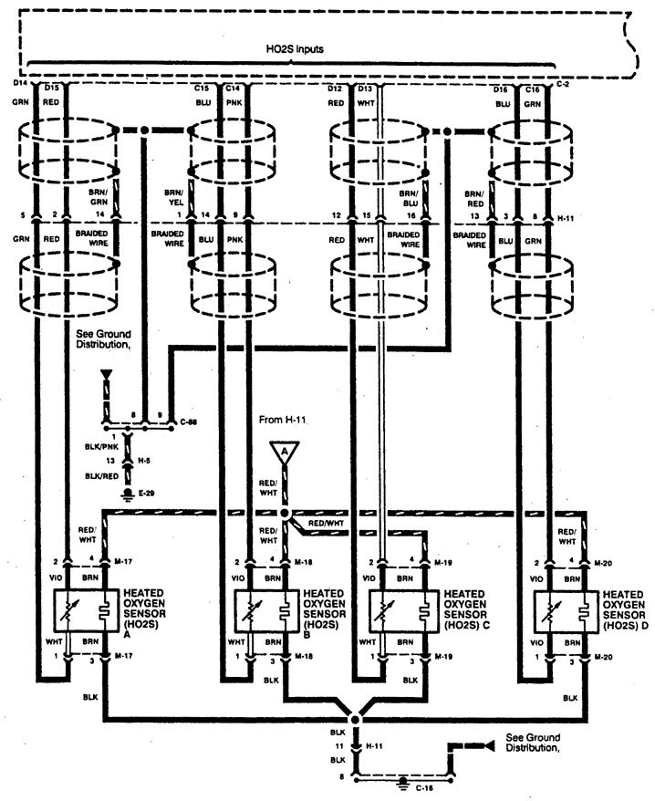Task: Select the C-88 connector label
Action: point(191,421)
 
